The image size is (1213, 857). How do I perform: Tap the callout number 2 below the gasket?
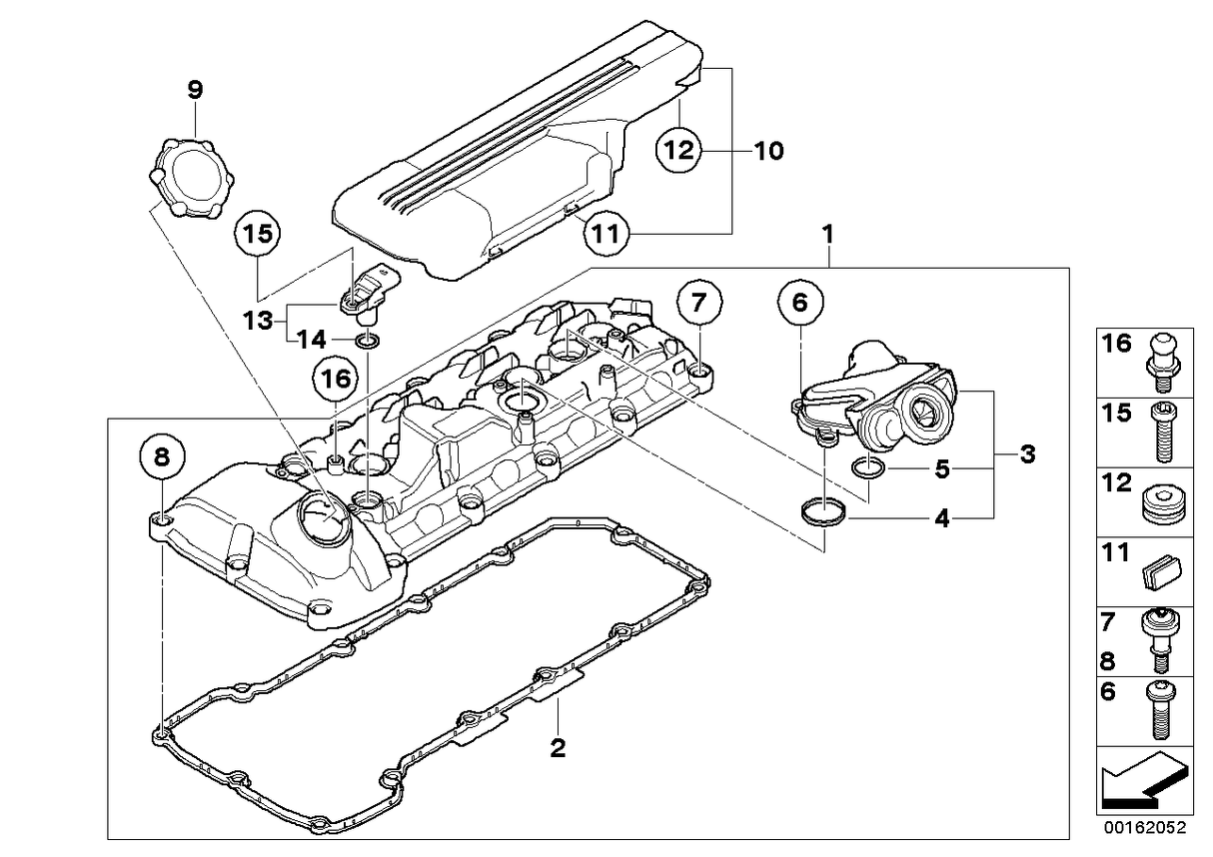(558, 747)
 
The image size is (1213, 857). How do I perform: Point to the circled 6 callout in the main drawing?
(801, 303)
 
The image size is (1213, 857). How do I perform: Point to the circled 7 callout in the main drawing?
(698, 301)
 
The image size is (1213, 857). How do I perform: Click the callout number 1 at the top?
(827, 236)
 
